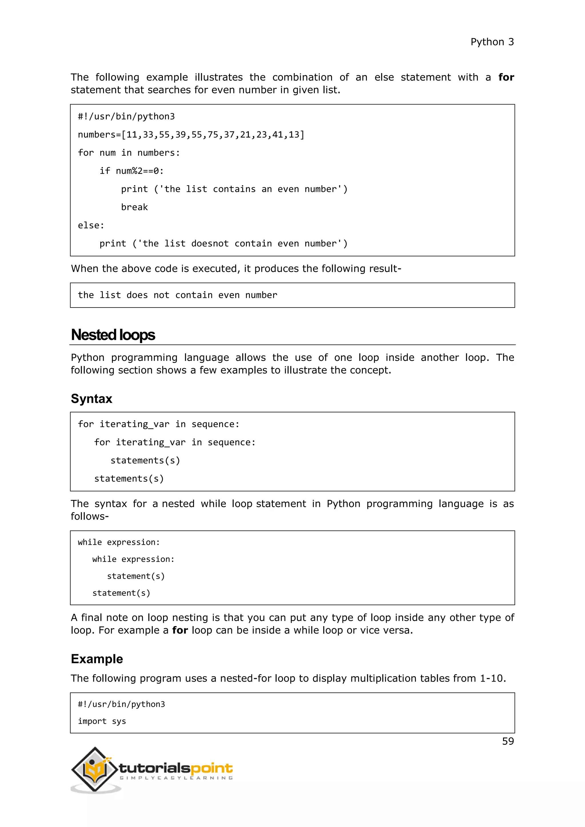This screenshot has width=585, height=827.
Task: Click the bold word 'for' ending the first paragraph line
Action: pos(506,77)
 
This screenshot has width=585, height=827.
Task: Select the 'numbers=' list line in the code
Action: pos(191,135)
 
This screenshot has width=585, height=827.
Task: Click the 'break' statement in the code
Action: pos(134,207)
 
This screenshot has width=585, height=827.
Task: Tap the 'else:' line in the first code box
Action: pos(91,226)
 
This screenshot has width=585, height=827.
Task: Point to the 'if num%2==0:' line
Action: pos(131,171)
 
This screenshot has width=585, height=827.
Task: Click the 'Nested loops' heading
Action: pos(113,335)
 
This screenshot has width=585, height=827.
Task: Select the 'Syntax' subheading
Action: pos(91,399)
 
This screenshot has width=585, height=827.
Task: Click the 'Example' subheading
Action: pos(97,659)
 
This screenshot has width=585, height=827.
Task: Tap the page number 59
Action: pos(508,741)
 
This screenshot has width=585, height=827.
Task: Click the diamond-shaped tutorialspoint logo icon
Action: pos(95,769)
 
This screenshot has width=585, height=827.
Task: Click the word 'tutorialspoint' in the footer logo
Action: pos(176,768)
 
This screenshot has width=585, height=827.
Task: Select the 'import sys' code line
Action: pos(102,721)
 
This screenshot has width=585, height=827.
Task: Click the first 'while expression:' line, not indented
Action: pos(119,542)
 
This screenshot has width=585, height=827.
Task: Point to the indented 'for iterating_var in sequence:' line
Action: pos(175,442)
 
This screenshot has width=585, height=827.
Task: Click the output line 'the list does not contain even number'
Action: pos(177,295)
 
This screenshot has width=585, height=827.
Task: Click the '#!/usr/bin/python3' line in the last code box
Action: pos(121,704)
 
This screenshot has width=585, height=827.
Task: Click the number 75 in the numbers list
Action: pos(213,135)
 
